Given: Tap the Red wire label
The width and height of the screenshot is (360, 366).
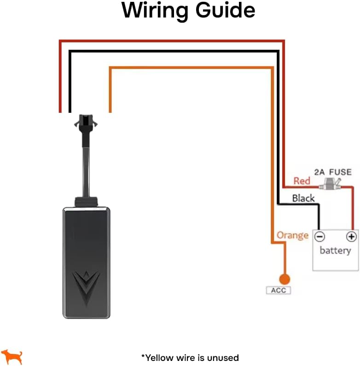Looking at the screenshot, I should (302, 181).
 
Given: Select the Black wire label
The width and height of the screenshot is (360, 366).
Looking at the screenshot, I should (303, 198).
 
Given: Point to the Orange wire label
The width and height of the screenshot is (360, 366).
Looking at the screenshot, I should (292, 235).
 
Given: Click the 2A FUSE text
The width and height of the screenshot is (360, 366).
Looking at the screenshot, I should (332, 172).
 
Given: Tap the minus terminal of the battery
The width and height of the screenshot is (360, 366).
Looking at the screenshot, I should (319, 237).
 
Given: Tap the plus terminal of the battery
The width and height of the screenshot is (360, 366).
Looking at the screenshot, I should (351, 237).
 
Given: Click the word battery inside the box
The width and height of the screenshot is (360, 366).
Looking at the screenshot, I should (335, 251).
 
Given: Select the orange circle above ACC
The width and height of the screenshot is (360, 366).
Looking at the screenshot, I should (285, 279).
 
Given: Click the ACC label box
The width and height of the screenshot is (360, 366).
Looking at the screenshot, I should (279, 290).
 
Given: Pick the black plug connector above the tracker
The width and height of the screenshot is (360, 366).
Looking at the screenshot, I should (86, 123).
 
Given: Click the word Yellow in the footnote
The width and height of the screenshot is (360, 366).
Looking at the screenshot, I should (159, 357).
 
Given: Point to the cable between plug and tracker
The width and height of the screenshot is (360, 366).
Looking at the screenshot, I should (86, 166).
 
